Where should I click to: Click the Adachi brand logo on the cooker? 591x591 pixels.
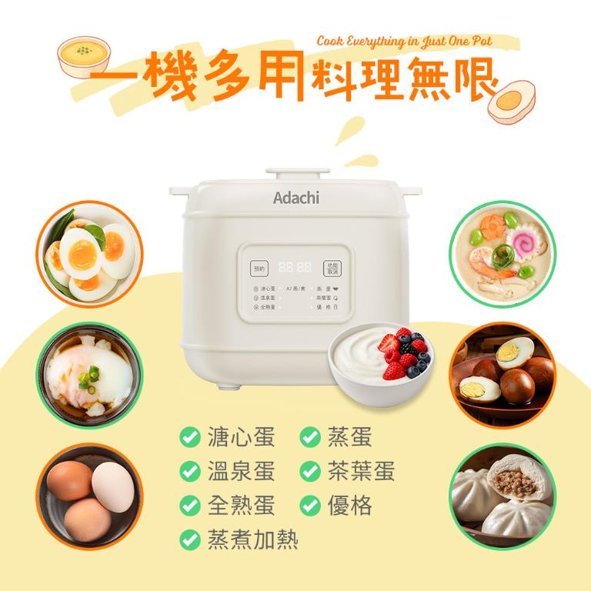click(x=295, y=198)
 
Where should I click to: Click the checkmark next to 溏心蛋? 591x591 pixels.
click(x=187, y=438)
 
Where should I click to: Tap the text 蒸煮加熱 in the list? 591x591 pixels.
click(x=252, y=539)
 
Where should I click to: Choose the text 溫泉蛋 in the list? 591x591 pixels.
click(x=241, y=472)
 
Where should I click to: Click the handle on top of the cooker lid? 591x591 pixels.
click(x=295, y=172)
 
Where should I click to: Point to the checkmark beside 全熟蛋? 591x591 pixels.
click(x=187, y=506)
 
